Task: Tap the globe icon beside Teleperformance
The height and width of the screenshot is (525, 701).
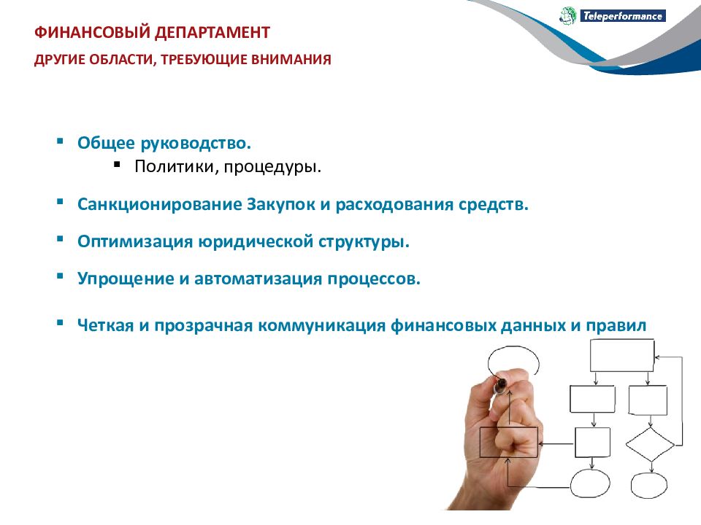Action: pyautogui.click(x=568, y=15)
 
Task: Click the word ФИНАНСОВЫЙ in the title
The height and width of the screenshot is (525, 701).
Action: pyautogui.click(x=92, y=33)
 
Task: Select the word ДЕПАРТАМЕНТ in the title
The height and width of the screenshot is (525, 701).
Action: pyautogui.click(x=212, y=33)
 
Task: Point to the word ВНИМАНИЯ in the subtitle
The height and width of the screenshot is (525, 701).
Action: pyautogui.click(x=291, y=59)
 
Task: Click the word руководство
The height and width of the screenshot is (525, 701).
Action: pyautogui.click(x=196, y=144)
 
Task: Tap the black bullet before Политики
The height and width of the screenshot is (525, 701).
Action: pyautogui.click(x=117, y=164)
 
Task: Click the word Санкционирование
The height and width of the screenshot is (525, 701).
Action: pyautogui.click(x=159, y=204)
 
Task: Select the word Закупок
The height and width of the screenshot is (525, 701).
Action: pyautogui.click(x=280, y=204)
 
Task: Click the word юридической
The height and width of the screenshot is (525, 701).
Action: pyautogui.click(x=256, y=241)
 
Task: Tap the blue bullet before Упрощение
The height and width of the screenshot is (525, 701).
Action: pyautogui.click(x=61, y=276)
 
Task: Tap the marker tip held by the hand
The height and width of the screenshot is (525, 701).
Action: pyautogui.click(x=502, y=383)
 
